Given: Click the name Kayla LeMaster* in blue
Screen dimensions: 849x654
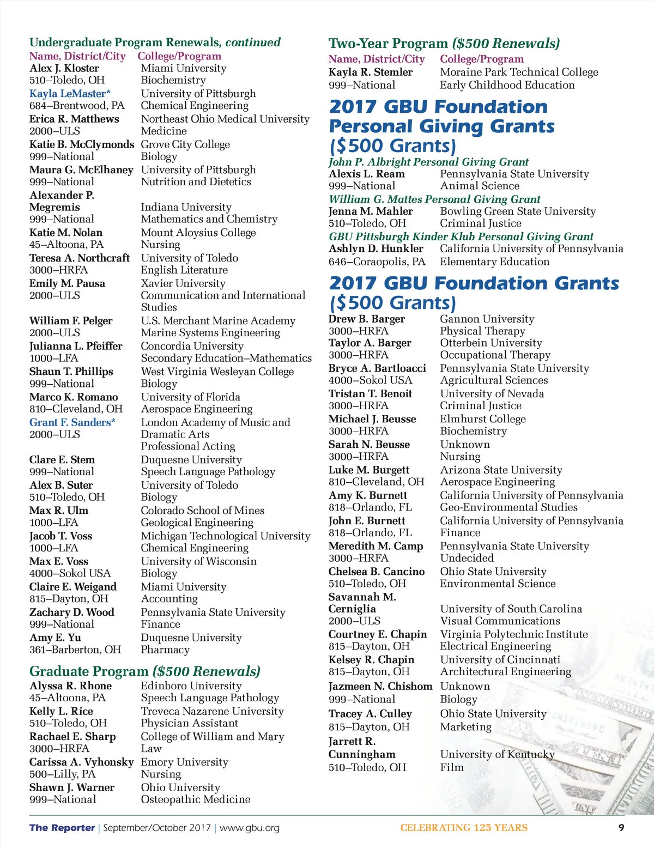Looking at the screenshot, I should [70, 93].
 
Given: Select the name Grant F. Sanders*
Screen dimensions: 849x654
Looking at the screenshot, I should [72, 422].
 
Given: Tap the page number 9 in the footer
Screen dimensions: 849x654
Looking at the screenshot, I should [621, 827].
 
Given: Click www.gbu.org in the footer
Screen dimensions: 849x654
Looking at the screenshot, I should [249, 828].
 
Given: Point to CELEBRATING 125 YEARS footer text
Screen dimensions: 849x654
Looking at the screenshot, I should [464, 828].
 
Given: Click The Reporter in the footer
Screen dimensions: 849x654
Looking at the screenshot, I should [62, 828].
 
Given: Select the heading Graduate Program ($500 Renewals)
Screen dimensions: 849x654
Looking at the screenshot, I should [145, 671].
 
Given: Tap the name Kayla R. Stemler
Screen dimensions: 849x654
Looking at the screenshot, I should [371, 72].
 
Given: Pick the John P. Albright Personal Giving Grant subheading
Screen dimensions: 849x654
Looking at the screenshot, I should [428, 162].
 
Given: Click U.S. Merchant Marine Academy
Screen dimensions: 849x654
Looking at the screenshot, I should [218, 321].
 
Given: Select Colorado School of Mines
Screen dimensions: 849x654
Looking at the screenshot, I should [202, 511].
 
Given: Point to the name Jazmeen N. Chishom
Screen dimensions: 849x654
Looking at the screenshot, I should [380, 686].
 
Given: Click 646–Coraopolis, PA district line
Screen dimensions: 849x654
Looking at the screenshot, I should [377, 262].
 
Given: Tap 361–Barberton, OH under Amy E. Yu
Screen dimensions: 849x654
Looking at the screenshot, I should [75, 650].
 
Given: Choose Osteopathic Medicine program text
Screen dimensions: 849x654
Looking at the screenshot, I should [196, 799].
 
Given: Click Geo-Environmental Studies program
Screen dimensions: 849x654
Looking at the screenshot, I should [508, 507].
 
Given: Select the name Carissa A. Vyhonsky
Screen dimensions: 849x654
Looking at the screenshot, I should [81, 762].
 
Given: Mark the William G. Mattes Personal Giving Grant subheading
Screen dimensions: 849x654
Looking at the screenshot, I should [434, 199].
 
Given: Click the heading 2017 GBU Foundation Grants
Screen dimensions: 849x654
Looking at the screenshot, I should [474, 283].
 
